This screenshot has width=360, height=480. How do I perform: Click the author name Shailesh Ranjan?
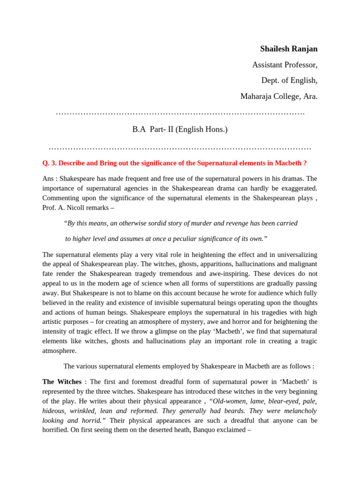point(289,49)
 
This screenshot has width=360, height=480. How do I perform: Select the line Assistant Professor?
point(285,65)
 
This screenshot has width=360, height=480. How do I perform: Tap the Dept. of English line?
point(289,80)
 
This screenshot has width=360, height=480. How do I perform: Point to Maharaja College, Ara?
point(279,96)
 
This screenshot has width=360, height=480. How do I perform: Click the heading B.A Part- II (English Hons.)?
point(180,129)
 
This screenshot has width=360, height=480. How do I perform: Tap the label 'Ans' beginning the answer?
point(48,179)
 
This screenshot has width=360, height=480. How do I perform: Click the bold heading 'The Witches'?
point(62,382)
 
